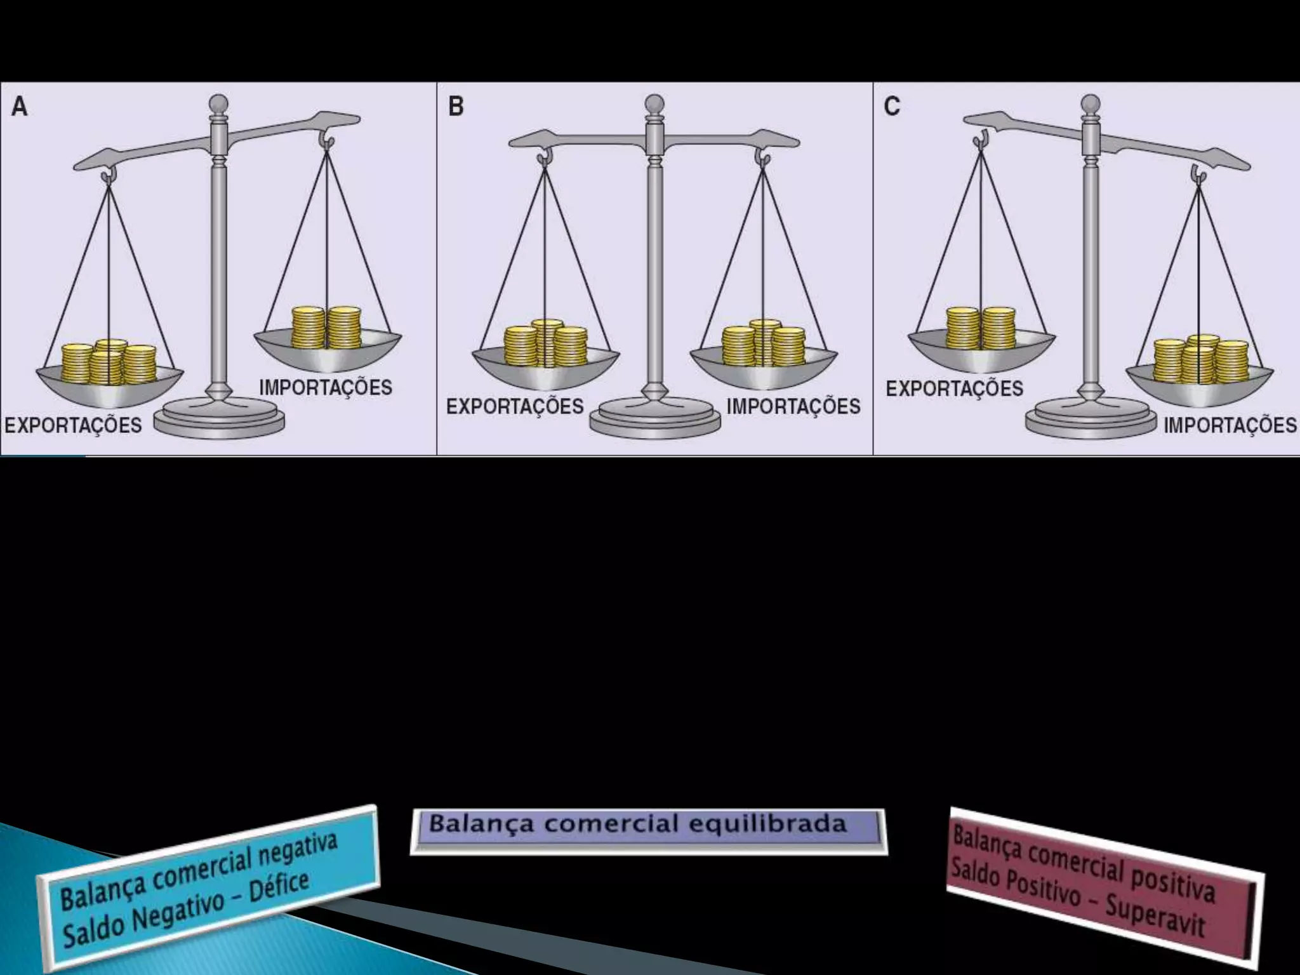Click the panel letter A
[x=20, y=107]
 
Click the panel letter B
[x=456, y=106]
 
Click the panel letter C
[x=892, y=106]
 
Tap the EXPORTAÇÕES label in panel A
[x=74, y=425]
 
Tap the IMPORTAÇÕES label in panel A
[x=326, y=387]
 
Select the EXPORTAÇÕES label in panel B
[x=515, y=406]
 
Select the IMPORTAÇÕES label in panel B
[x=793, y=406]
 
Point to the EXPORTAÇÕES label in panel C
[x=954, y=388]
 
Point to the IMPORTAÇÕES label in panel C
[x=1230, y=425]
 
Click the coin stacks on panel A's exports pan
[x=109, y=363]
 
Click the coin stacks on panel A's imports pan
[x=326, y=328]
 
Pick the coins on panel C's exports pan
[x=980, y=328]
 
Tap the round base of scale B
[x=655, y=420]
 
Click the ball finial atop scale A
[x=218, y=103]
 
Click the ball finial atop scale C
[x=1091, y=103]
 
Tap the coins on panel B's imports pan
[x=764, y=345]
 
